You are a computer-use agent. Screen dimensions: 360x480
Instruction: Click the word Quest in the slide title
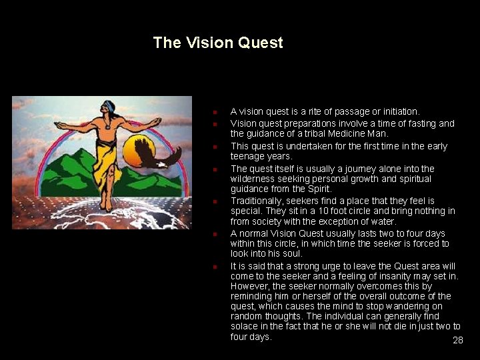click(258, 43)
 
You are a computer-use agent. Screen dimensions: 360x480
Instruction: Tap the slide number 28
click(457, 340)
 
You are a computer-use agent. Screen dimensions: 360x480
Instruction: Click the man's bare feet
click(105, 205)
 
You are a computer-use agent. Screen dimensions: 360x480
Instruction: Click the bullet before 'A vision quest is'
click(216, 112)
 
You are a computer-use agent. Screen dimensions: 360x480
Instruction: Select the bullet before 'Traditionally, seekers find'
click(216, 201)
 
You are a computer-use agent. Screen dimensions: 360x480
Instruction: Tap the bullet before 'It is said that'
click(216, 267)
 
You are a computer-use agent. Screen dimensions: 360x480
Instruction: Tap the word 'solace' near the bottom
click(245, 326)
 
